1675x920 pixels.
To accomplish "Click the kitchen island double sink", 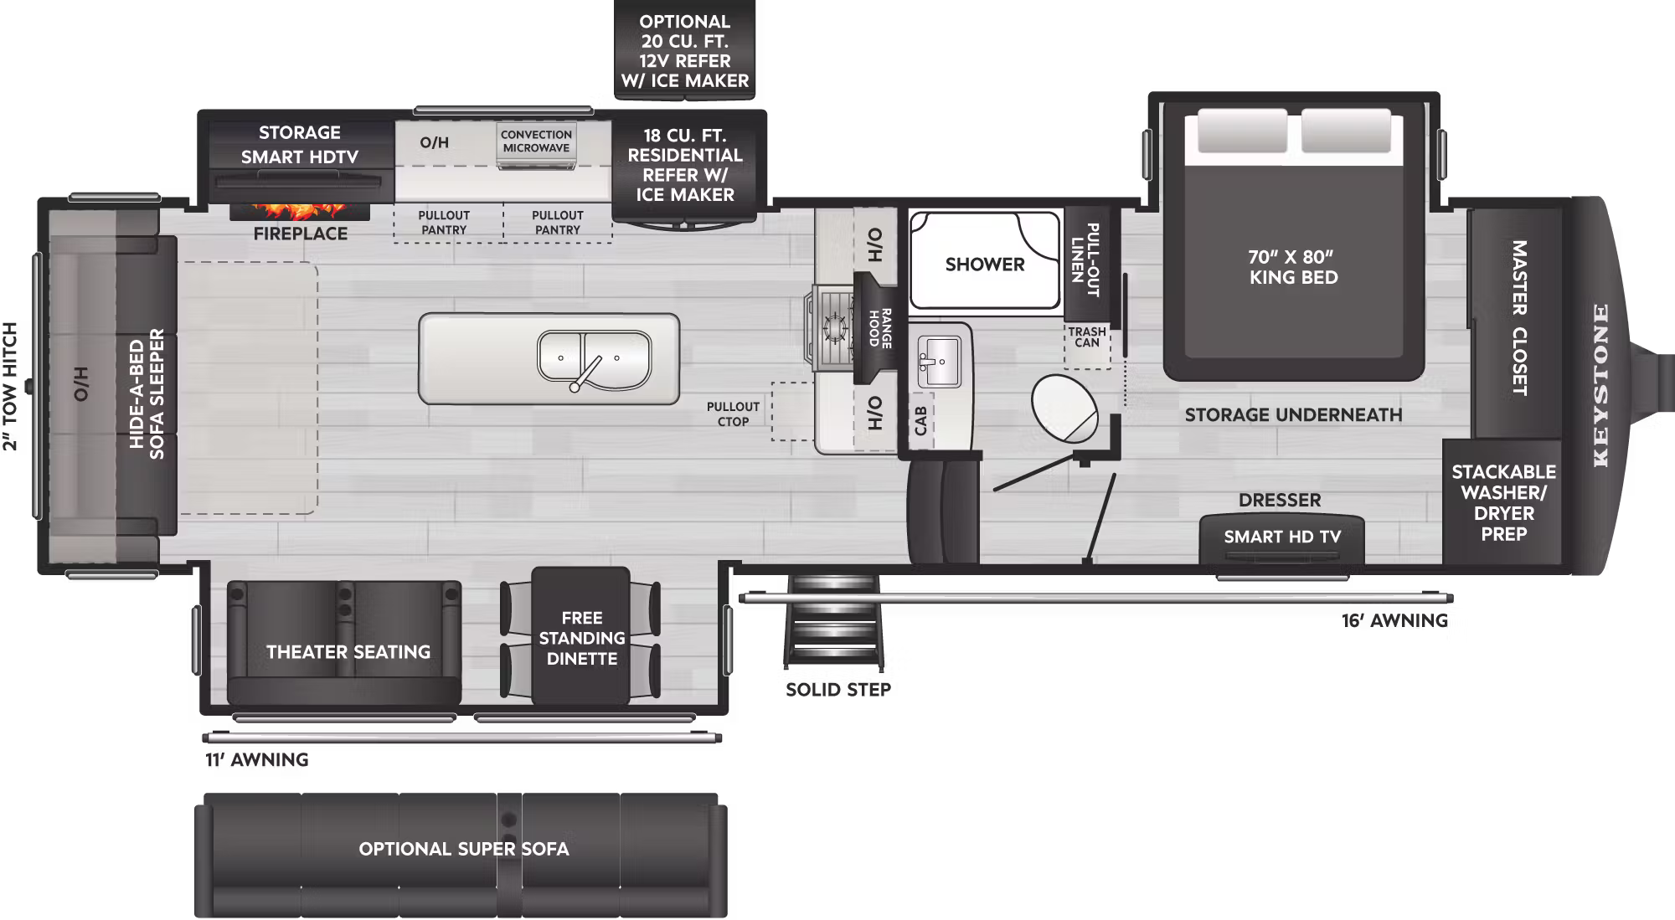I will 594,359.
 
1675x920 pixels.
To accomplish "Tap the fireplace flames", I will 299,209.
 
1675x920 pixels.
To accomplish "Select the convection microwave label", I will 536,141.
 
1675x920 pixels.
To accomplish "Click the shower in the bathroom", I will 985,264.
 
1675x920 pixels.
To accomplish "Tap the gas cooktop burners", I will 834,327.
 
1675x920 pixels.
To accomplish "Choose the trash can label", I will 1086,337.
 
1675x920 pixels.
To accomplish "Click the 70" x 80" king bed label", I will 1293,267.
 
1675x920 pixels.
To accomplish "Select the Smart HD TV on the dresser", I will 1281,537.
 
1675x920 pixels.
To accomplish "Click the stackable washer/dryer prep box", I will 1503,502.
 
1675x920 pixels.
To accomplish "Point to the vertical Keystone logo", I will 1600,385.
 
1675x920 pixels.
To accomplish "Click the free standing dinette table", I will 581,637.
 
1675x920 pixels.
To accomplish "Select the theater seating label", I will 348,651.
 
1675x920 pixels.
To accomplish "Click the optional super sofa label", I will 463,849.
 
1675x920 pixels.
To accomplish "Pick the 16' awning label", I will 1394,620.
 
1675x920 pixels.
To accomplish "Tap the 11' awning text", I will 257,759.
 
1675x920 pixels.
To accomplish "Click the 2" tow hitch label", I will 10,386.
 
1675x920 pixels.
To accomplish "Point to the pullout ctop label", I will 733,414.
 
